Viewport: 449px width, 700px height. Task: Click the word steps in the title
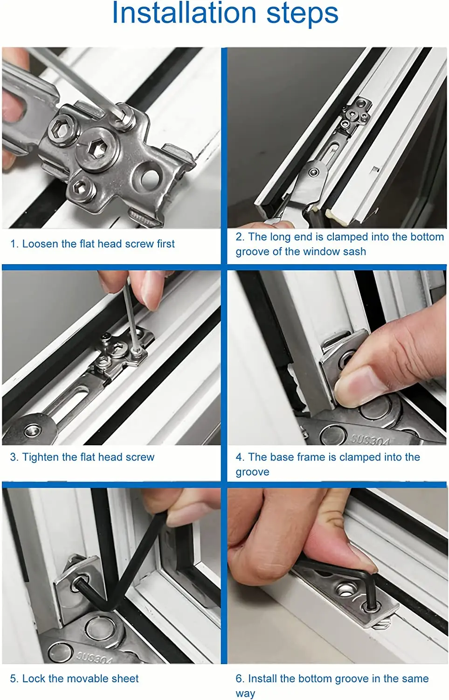click(x=302, y=14)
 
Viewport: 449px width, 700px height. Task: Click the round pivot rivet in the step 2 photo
click(x=314, y=172)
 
